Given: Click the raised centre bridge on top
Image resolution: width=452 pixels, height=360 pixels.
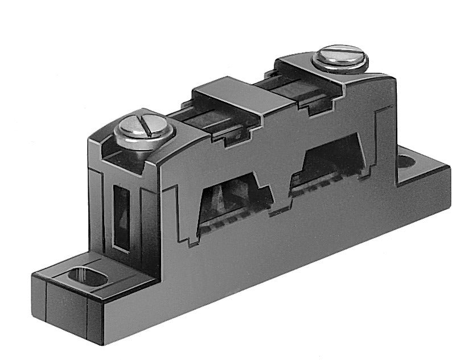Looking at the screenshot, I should pyautogui.click(x=236, y=96).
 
